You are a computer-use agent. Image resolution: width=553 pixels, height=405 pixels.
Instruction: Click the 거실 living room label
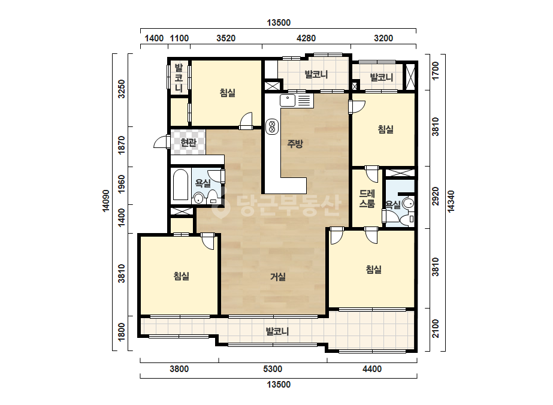click(278, 277)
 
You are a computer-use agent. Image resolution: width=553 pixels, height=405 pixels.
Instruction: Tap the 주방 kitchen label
click(295, 143)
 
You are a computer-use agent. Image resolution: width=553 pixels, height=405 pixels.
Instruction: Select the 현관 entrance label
click(188, 142)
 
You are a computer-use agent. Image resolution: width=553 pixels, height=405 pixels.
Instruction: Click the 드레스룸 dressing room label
click(367, 198)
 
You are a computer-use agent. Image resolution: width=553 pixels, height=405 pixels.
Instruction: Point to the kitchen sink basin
click(288, 101)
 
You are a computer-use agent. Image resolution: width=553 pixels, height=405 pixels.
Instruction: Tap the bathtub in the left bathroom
click(180, 185)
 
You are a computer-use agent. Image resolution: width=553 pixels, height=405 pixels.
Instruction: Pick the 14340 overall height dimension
click(451, 201)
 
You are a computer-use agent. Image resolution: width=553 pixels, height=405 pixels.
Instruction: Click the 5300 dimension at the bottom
click(273, 369)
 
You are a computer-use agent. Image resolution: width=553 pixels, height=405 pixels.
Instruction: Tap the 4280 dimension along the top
click(306, 38)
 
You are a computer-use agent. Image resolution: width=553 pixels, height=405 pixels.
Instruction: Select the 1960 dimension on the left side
click(121, 184)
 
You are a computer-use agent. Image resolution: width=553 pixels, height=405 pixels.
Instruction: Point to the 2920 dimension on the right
click(436, 196)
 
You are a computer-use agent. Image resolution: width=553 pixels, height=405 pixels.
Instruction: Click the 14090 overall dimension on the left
click(106, 201)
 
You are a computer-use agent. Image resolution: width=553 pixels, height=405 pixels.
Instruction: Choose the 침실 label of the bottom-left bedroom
click(182, 276)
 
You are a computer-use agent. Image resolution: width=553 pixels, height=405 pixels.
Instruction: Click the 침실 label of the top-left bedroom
click(228, 93)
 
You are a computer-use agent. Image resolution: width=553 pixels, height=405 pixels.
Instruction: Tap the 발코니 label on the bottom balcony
click(277, 331)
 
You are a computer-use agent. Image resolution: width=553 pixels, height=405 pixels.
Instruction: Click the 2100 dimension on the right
click(436, 328)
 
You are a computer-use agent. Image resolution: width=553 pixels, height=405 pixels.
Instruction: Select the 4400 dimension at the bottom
click(372, 369)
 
